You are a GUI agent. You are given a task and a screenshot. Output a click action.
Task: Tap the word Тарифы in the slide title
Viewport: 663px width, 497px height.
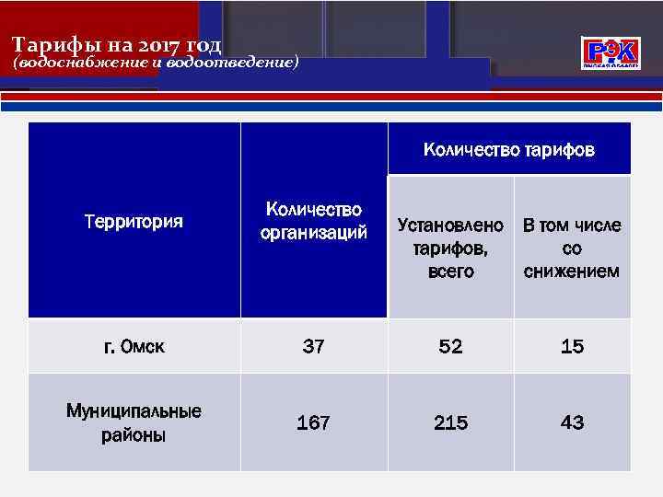pos(51,45)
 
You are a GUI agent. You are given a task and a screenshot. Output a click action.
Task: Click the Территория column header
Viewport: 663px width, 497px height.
pos(134,222)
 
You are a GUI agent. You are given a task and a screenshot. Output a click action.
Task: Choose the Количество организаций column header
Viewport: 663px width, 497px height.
pos(313,221)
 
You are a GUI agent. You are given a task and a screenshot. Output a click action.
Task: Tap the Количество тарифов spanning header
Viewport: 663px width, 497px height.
pos(508,149)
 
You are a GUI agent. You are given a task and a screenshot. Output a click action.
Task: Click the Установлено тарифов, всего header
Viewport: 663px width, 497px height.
pos(450,248)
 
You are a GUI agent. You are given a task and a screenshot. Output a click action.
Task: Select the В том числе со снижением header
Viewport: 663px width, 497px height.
pos(572,248)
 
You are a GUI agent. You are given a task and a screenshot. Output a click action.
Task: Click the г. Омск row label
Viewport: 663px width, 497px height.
pos(134,347)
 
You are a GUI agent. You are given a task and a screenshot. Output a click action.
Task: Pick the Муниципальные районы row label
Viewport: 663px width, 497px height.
pos(134,422)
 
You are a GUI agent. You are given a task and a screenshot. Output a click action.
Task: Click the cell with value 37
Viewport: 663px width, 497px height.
pos(313,347)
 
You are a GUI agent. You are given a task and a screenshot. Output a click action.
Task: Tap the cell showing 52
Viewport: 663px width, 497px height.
pos(450,347)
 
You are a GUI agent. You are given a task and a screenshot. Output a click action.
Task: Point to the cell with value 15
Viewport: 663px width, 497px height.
pos(572,347)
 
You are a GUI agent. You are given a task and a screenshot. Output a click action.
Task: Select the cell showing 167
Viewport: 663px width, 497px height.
pos(313,423)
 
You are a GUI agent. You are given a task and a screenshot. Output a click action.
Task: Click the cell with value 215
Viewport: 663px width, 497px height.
pos(450,423)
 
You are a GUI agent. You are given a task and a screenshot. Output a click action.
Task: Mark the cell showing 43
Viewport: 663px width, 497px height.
pos(572,423)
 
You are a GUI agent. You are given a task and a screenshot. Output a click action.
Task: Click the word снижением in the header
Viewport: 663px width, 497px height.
pos(572,272)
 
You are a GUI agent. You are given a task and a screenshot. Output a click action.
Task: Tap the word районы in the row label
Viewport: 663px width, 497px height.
pos(134,435)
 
